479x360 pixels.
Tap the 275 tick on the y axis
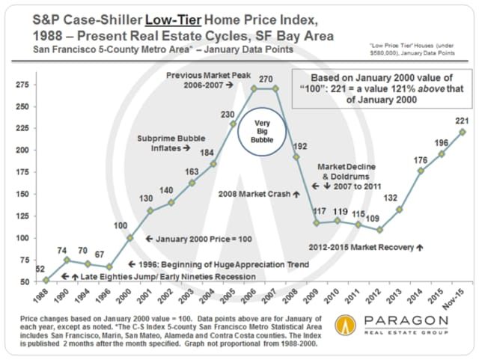pyautogui.click(x=22, y=85)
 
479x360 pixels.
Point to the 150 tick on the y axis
pyautogui.click(x=22, y=194)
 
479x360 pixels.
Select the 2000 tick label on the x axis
pyautogui.click(x=129, y=293)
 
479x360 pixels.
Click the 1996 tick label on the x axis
pyautogui.click(x=109, y=293)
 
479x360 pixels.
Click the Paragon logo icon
pyautogui.click(x=344, y=326)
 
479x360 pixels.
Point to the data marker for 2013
pyautogui.click(x=400, y=209)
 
